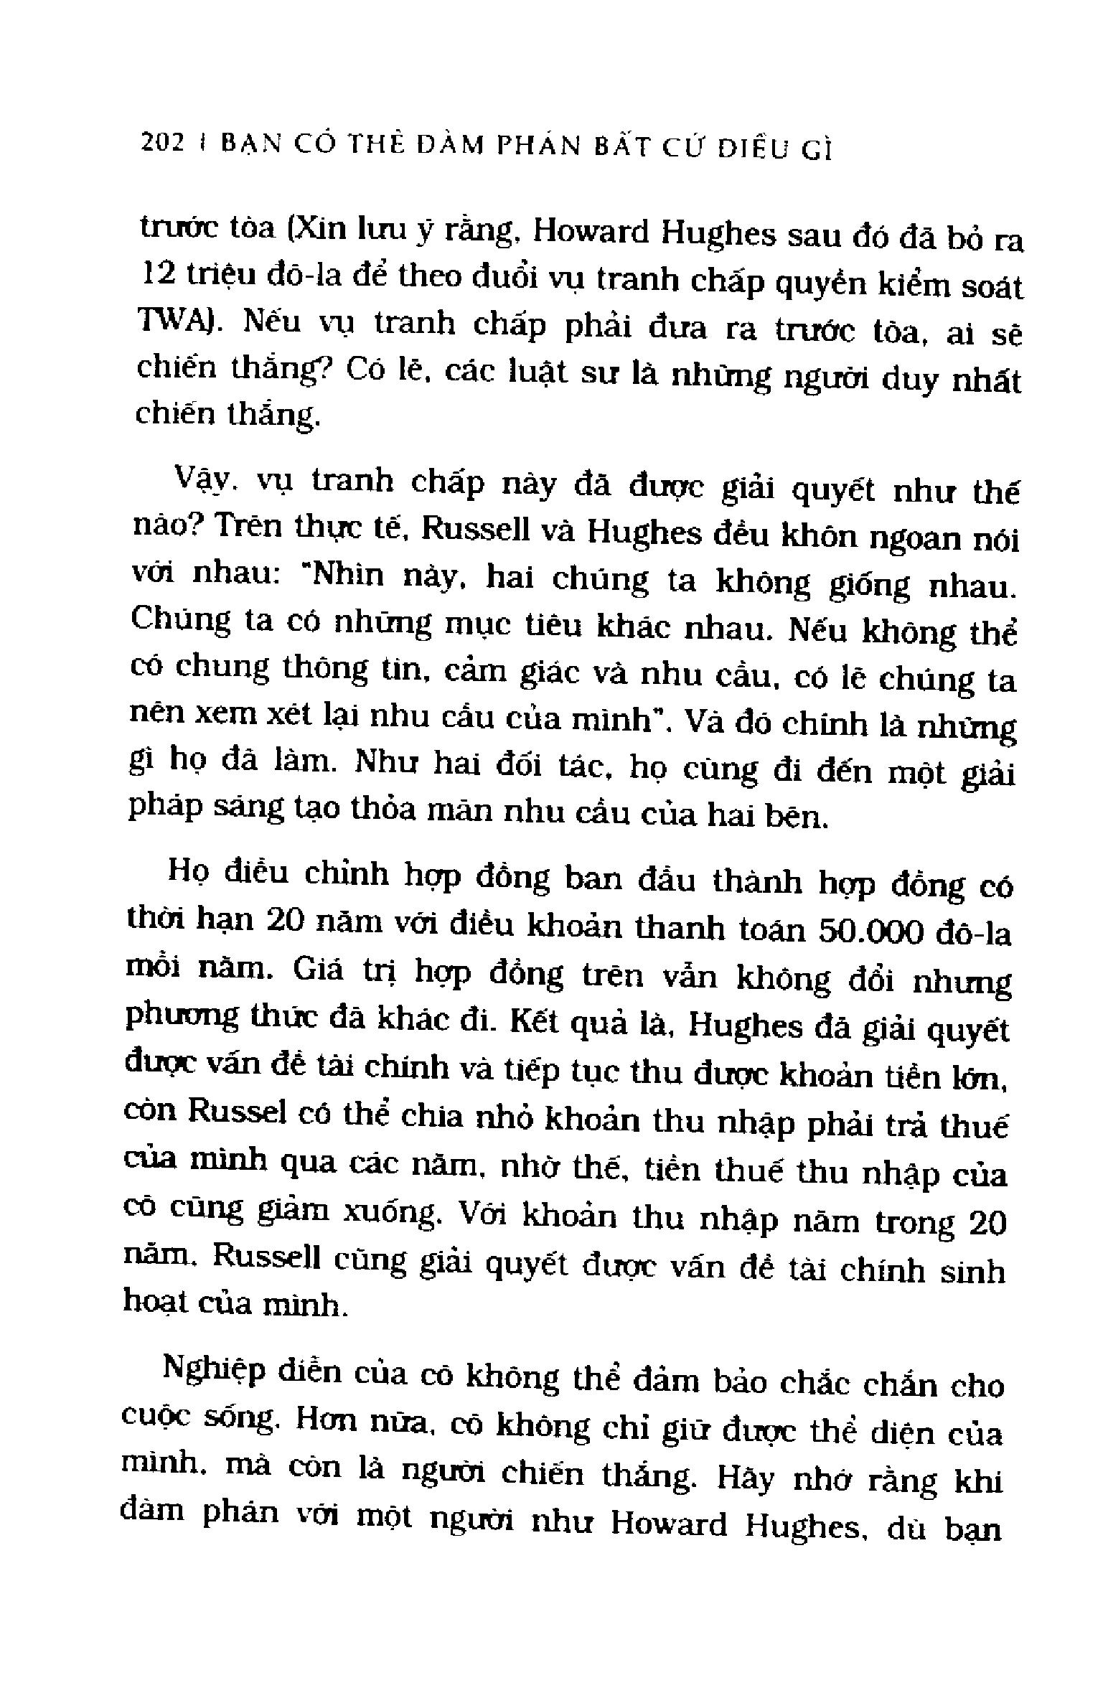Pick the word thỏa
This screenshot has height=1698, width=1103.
(388, 811)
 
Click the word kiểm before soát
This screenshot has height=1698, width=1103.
(903, 285)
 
